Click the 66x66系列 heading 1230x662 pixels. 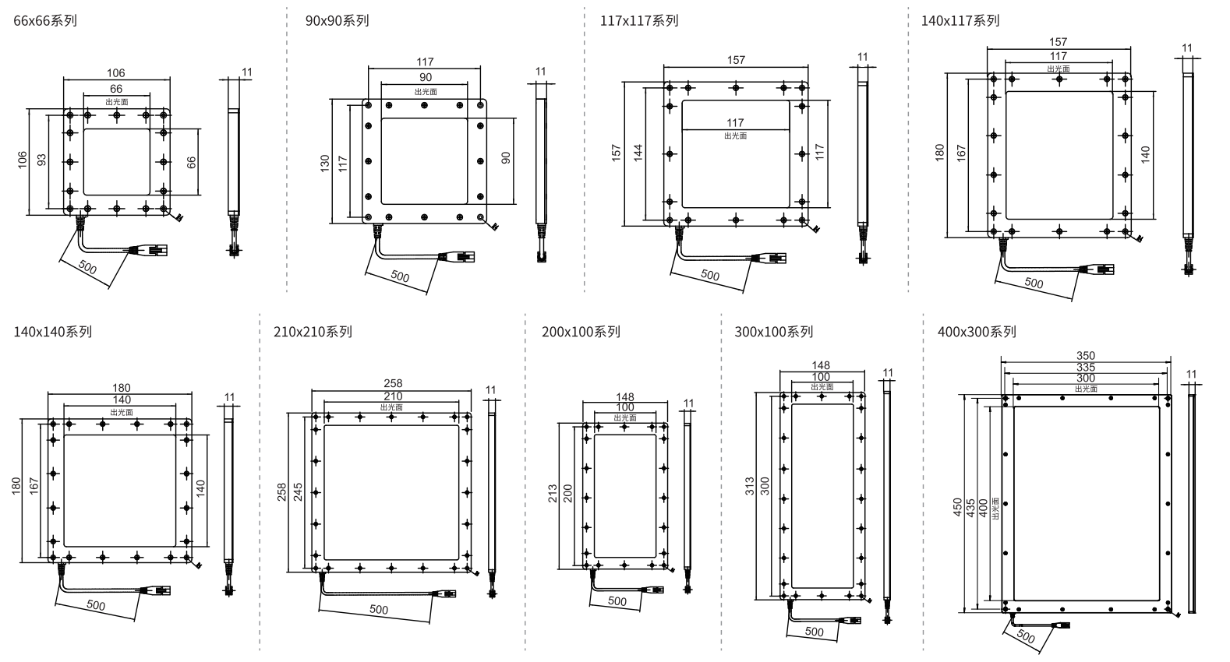point(45,21)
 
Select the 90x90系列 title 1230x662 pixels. point(337,21)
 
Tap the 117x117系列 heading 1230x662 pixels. point(639,21)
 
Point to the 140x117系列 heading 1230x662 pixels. point(960,21)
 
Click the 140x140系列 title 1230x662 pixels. point(52,332)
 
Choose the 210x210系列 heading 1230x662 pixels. point(313,332)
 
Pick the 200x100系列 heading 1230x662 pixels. point(581,332)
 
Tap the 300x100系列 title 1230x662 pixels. point(773,332)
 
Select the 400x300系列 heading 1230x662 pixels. point(977,332)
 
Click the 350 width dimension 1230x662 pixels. point(1085,356)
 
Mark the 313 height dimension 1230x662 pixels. point(751,487)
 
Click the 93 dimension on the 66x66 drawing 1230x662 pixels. point(42,159)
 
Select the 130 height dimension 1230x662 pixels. point(325,162)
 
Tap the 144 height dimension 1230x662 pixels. point(638,152)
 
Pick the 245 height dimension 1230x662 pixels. point(298,491)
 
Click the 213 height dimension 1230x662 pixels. point(553,493)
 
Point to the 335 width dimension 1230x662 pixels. point(1085,367)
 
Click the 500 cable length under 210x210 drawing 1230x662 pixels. point(379,610)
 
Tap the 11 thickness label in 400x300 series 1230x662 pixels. point(1190,375)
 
